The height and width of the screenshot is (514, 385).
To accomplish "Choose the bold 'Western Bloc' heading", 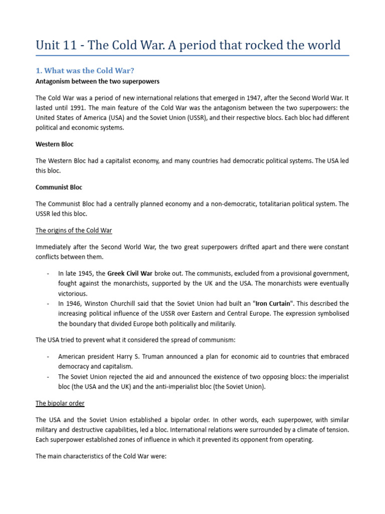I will click(55, 144).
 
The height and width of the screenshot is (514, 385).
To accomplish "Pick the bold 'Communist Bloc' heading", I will click(59, 187).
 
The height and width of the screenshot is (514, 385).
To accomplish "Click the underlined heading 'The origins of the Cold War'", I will click(74, 230).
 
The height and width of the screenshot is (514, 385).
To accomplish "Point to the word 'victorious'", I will click(72, 294).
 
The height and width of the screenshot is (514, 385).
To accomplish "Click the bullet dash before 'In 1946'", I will click(47, 304).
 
